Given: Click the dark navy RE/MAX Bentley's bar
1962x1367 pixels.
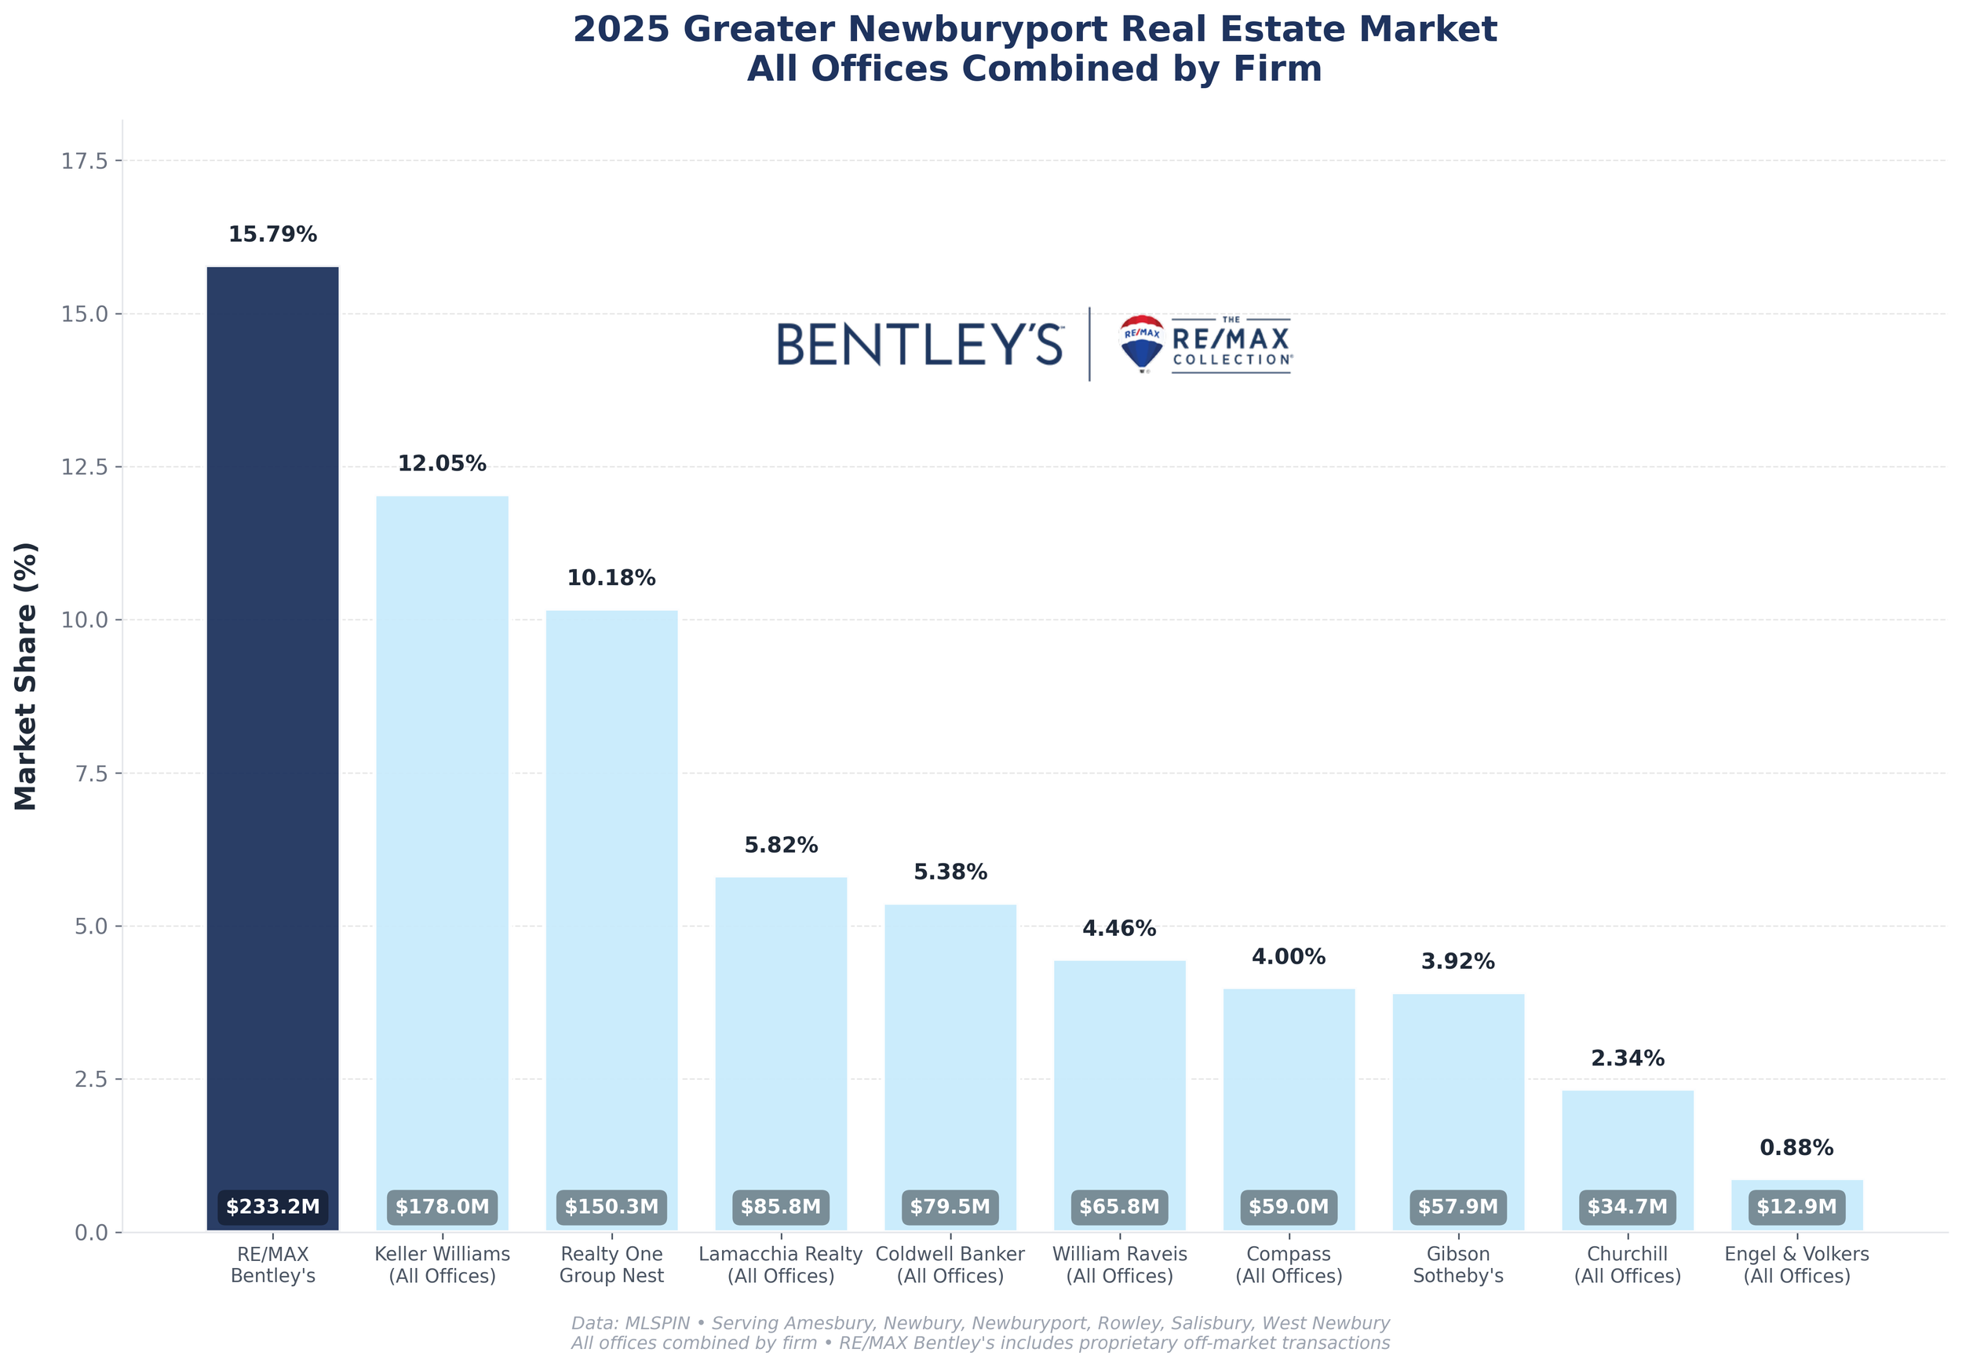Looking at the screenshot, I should [272, 726].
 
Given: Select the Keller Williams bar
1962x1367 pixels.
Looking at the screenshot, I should [442, 855].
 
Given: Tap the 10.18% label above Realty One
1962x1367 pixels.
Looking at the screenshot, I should [611, 578].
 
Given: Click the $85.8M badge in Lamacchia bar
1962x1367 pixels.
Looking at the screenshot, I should [780, 1206].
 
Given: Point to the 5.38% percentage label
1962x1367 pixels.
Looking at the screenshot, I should [950, 872].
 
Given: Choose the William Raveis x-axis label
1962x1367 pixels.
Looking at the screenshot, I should [1119, 1264].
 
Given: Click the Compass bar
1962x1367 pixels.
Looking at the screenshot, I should [1289, 1095].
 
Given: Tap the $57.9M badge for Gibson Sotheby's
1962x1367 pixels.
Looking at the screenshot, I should [1458, 1206].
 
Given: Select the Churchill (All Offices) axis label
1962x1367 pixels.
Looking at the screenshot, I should [1627, 1264].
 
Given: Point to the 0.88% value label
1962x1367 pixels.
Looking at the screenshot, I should [1796, 1147].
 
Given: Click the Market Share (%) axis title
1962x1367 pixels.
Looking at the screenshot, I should [27, 675].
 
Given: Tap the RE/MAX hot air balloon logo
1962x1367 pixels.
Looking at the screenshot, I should [1142, 343].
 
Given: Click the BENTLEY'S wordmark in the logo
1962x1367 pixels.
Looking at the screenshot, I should [920, 345].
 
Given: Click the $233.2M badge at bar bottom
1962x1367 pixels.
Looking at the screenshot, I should [272, 1206].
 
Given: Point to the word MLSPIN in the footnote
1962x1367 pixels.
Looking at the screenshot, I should [657, 1322].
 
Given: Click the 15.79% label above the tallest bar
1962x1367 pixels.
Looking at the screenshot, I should [272, 234].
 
